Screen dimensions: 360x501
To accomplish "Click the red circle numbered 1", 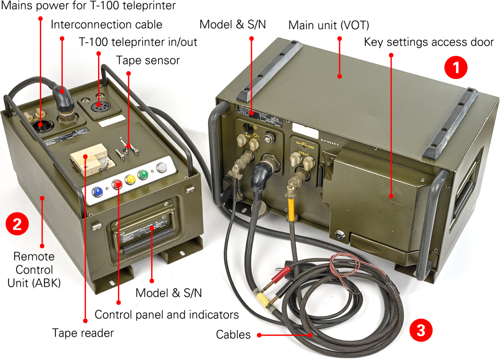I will pyautogui.click(x=455, y=69).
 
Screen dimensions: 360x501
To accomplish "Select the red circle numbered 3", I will pyautogui.click(x=421, y=330).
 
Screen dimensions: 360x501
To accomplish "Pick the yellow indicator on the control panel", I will pyautogui.click(x=130, y=179).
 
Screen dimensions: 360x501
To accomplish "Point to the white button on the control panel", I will pyautogui.click(x=162, y=168).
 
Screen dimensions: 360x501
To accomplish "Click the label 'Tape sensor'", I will pyautogui.click(x=148, y=60).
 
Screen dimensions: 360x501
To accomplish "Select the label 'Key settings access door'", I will pyautogui.click(x=429, y=42).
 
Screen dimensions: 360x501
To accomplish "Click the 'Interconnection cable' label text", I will pyautogui.click(x=106, y=24).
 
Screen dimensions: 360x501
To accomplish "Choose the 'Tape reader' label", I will pyautogui.click(x=83, y=333).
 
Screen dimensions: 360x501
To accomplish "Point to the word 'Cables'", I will pyautogui.click(x=233, y=335).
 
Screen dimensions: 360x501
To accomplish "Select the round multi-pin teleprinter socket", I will pyautogui.click(x=99, y=107).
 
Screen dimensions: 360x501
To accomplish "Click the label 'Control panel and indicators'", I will pyautogui.click(x=167, y=314).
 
